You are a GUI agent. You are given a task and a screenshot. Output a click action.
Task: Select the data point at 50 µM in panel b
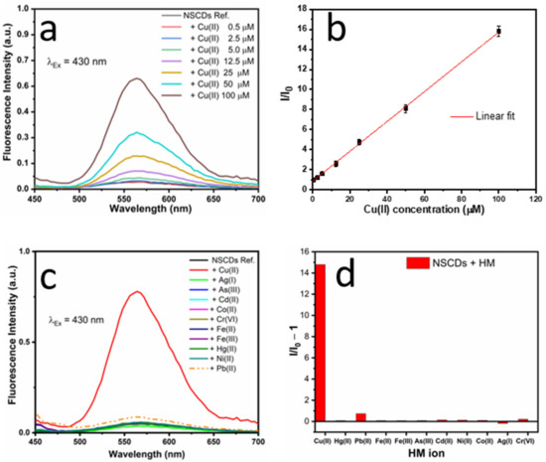coord(405,107)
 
